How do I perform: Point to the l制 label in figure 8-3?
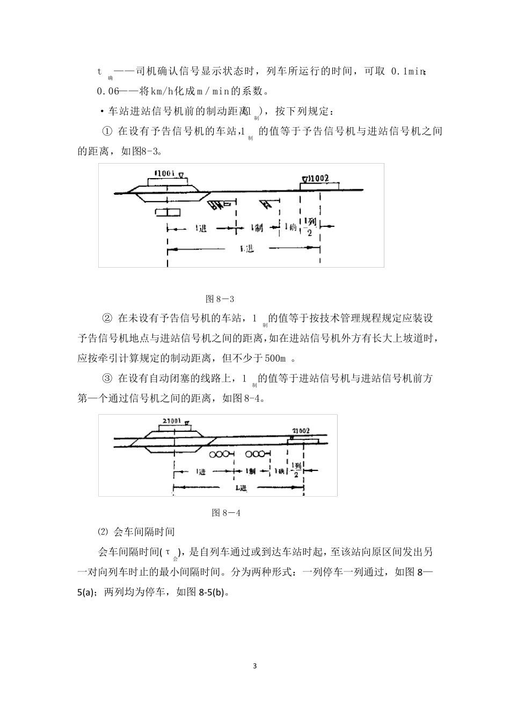tap(257, 228)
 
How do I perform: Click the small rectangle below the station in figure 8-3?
tap(167, 212)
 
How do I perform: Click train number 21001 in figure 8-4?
tap(171, 421)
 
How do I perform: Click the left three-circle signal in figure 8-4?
tap(220, 454)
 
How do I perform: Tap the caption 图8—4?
tap(226, 512)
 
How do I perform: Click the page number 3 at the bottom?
tap(255, 666)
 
